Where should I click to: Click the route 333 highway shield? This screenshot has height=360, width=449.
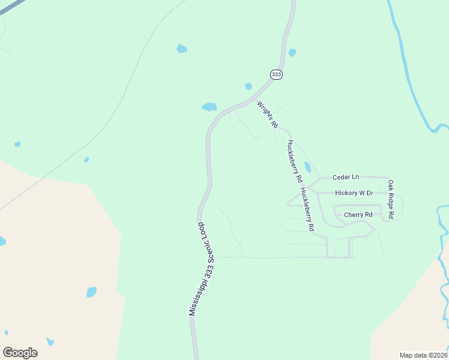click(276, 74)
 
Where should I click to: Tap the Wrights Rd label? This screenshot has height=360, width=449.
click(268, 115)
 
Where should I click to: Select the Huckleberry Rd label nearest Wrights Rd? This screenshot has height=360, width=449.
click(294, 161)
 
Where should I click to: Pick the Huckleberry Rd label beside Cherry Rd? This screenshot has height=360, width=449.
click(307, 210)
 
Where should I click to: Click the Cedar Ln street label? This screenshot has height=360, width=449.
click(346, 177)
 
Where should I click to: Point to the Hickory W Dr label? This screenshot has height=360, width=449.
click(354, 193)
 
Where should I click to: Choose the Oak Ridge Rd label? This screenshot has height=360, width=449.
click(391, 199)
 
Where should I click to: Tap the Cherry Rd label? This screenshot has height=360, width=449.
click(358, 214)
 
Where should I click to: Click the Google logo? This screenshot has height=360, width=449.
click(20, 353)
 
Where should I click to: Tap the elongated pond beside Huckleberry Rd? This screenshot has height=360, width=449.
click(308, 167)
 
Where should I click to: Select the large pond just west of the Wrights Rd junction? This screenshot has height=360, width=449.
click(209, 107)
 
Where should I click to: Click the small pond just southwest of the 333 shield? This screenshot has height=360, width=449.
click(249, 86)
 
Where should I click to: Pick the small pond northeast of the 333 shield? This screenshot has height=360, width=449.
click(292, 53)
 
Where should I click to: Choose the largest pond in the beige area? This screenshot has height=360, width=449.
click(91, 292)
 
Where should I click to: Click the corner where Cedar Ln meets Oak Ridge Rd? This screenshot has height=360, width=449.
click(387, 178)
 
